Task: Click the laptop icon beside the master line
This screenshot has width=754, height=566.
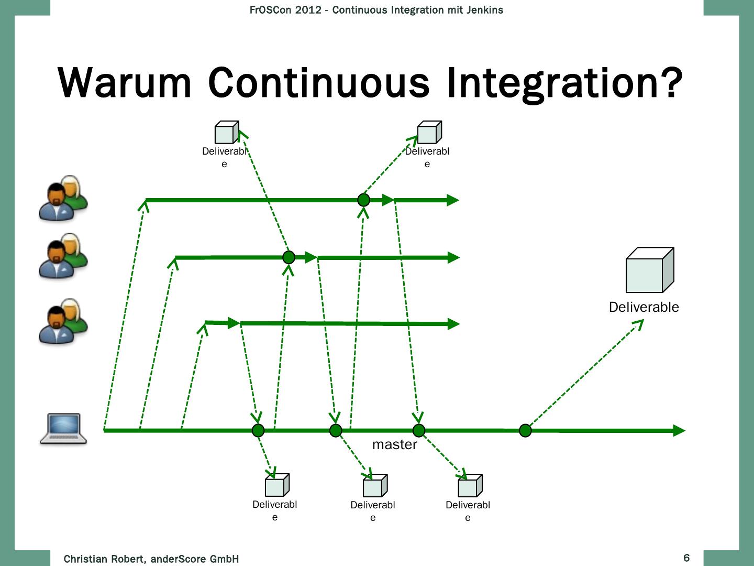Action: pyautogui.click(x=63, y=429)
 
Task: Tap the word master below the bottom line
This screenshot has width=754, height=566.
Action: pyautogui.click(x=394, y=444)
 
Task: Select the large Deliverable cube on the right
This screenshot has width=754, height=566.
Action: pyautogui.click(x=649, y=270)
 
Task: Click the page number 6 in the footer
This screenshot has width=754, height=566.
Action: pyautogui.click(x=686, y=558)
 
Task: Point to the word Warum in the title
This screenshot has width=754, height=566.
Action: pyautogui.click(x=125, y=83)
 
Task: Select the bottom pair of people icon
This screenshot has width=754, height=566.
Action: pyautogui.click(x=63, y=321)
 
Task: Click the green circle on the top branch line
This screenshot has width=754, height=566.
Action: pyautogui.click(x=363, y=200)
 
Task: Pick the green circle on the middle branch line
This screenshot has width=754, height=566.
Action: pyautogui.click(x=289, y=257)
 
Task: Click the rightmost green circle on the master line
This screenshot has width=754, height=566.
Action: pyautogui.click(x=525, y=431)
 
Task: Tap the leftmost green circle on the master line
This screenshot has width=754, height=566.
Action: pyautogui.click(x=258, y=431)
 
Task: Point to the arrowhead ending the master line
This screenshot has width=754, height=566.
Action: pyautogui.click(x=679, y=431)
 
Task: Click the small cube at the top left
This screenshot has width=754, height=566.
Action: pyautogui.click(x=227, y=132)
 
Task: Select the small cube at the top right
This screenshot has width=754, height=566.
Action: pyautogui.click(x=429, y=132)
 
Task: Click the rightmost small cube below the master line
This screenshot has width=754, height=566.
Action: pyautogui.click(x=470, y=486)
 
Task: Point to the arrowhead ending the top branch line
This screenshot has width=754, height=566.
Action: pyautogui.click(x=452, y=200)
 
